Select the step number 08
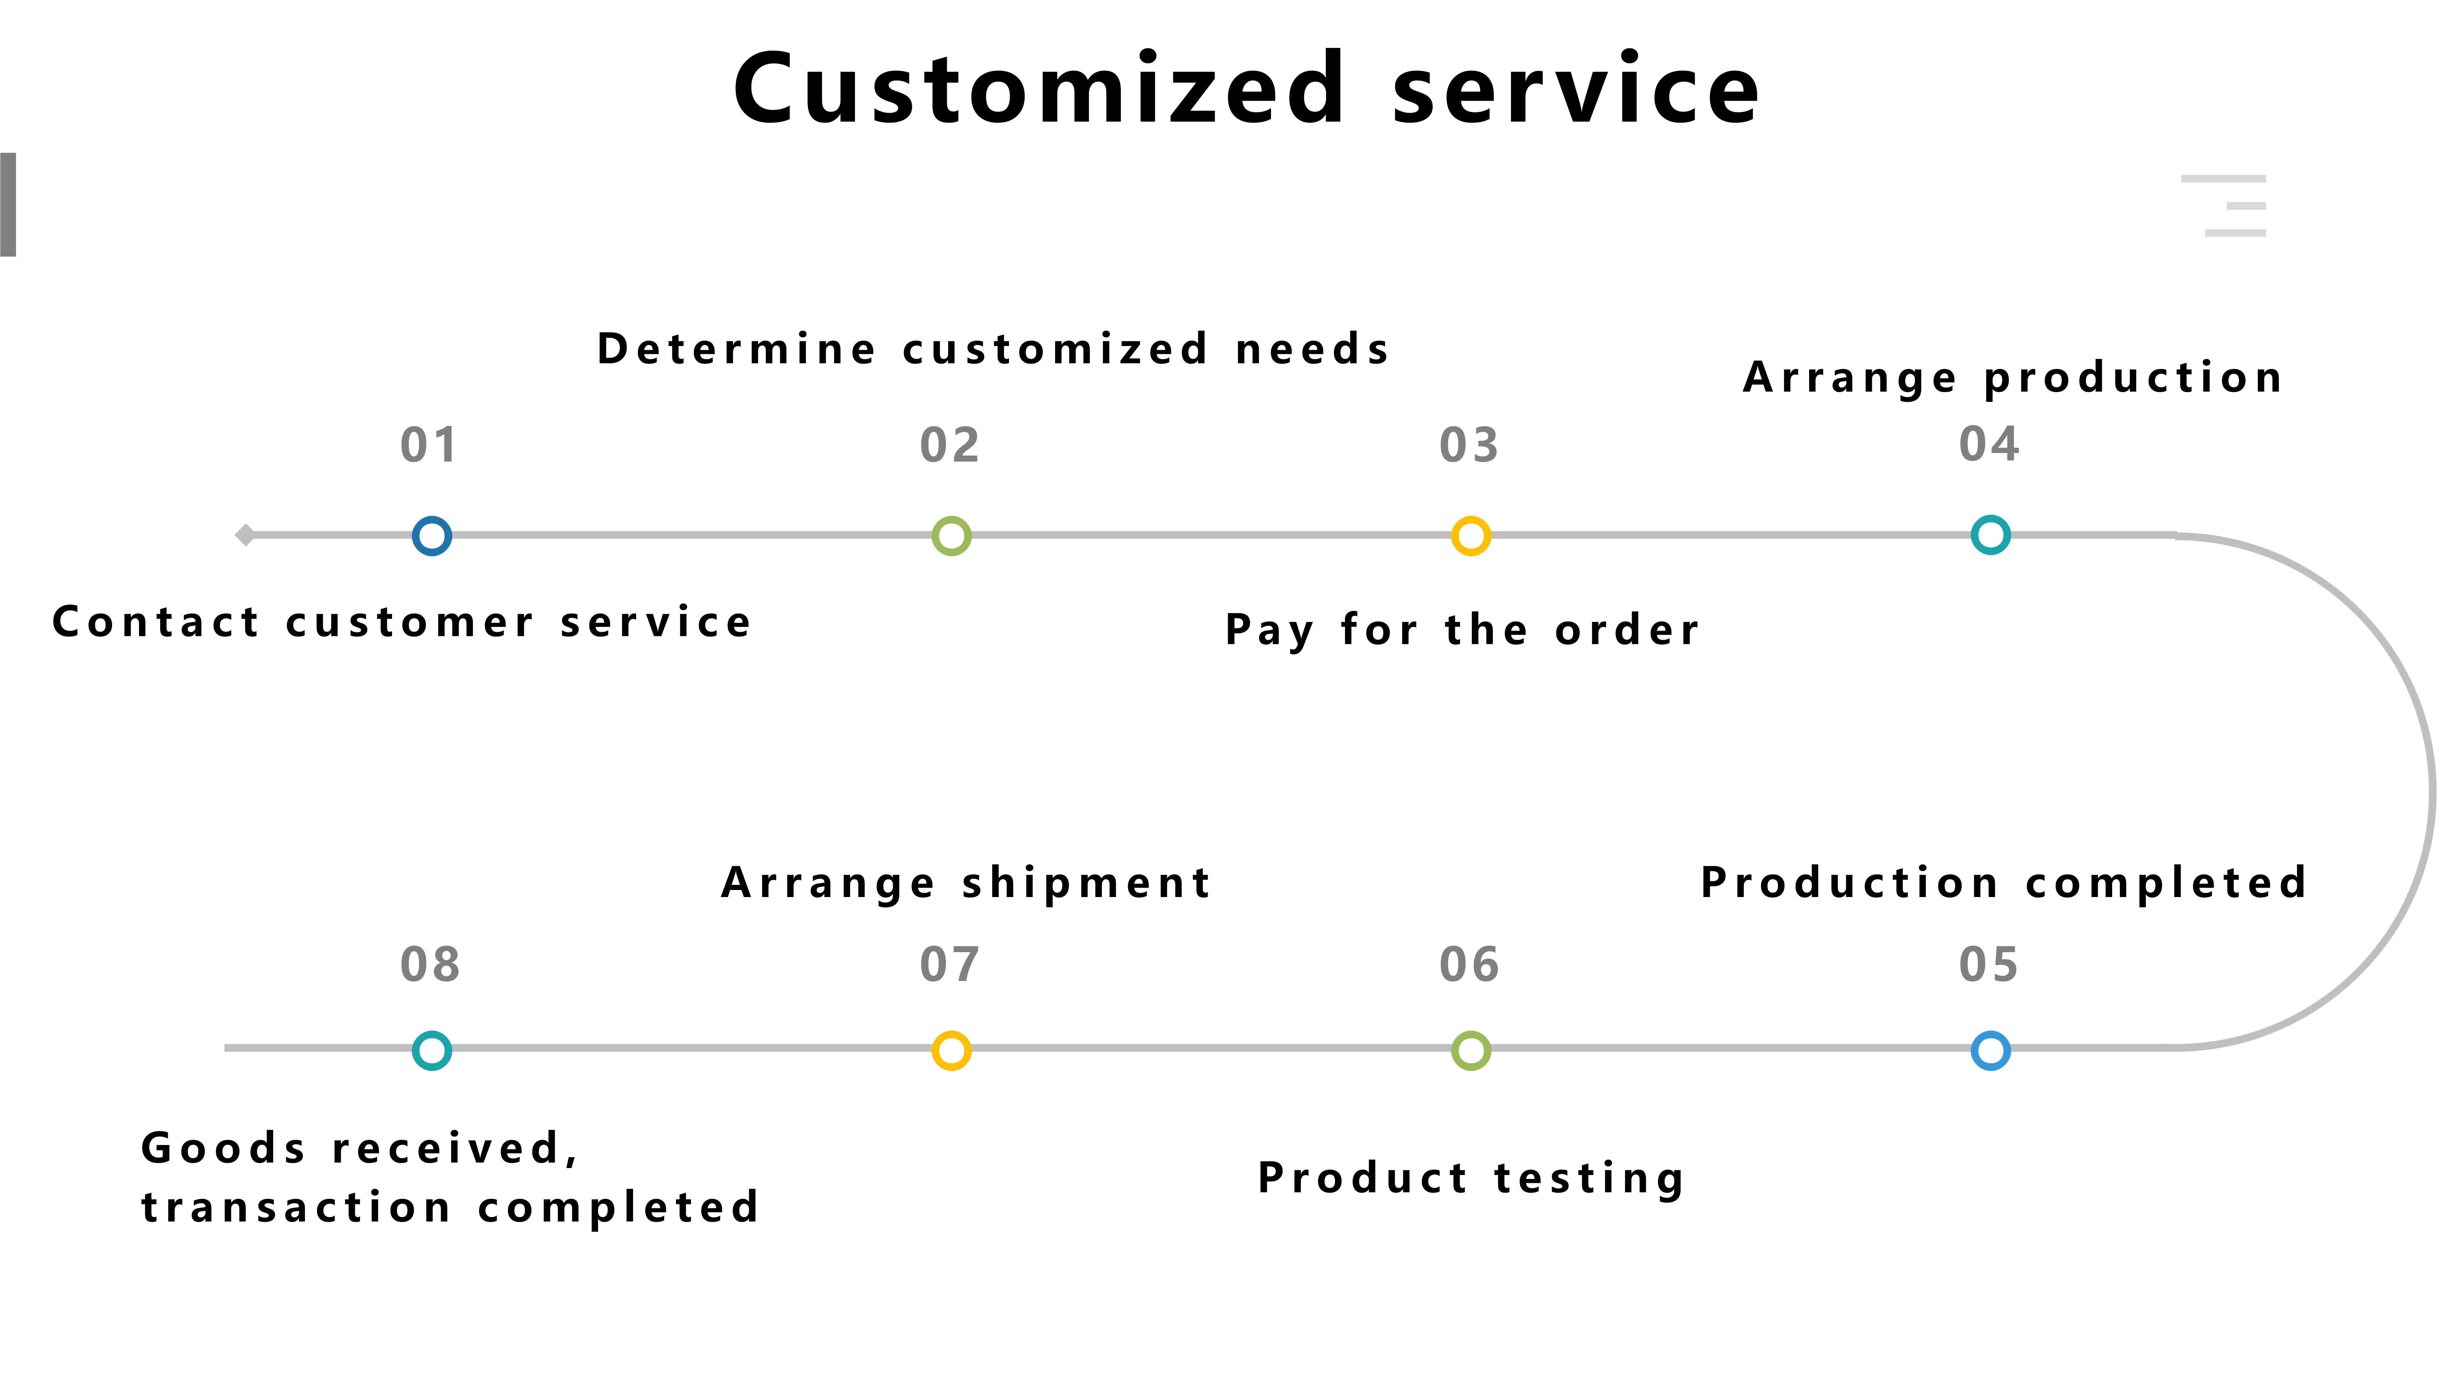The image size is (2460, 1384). click(430, 965)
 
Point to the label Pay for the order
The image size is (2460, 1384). click(1463, 630)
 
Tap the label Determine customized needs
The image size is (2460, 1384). click(993, 349)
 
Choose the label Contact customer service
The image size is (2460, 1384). click(402, 622)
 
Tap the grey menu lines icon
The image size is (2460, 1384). click(2223, 205)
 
